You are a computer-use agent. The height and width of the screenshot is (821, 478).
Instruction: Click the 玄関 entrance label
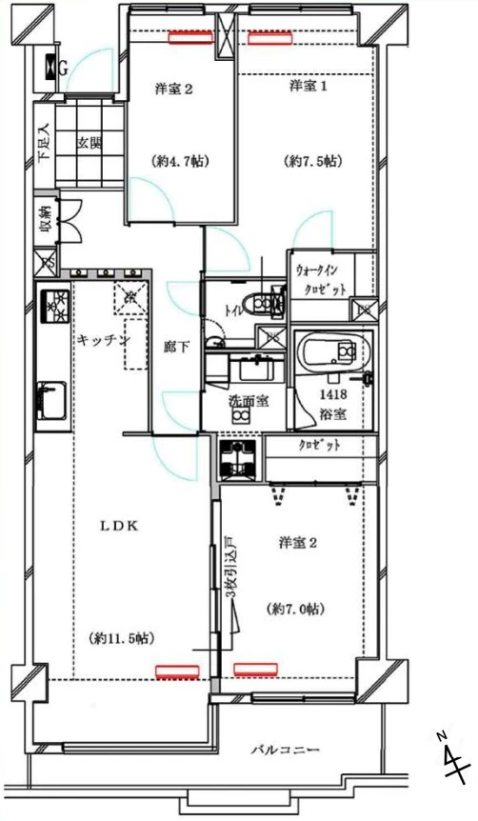click(x=90, y=143)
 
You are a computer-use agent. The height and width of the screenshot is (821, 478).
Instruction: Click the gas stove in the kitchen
click(x=54, y=306)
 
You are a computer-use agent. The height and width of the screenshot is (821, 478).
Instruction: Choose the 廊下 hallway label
click(x=177, y=349)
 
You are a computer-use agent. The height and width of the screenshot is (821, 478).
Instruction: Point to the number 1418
click(x=332, y=393)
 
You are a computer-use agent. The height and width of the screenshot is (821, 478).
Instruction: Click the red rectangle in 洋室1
click(x=270, y=39)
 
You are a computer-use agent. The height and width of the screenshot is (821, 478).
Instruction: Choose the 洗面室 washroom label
click(x=247, y=402)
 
